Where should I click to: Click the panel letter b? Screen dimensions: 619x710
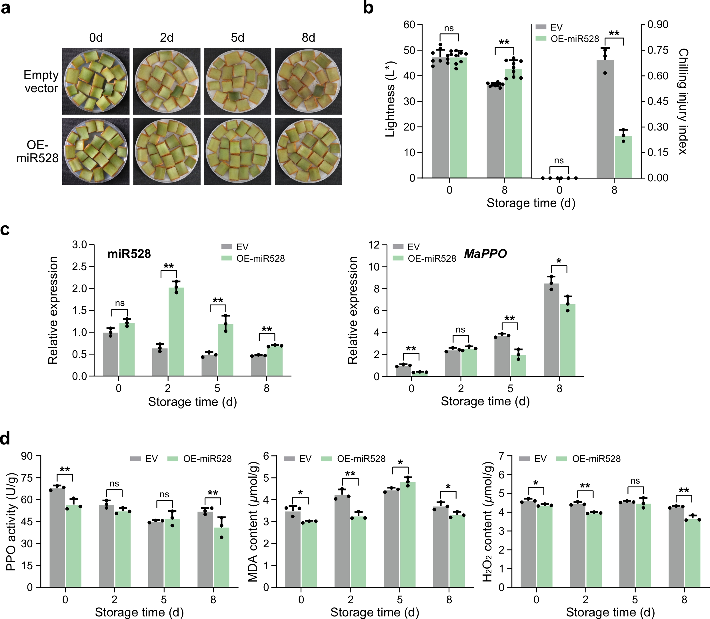click(368, 8)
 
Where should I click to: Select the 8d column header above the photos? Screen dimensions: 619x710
click(308, 38)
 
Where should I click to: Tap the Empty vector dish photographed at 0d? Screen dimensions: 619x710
click(96, 81)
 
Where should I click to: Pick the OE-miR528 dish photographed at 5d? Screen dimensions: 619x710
click(237, 151)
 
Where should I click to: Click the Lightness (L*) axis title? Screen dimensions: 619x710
click(390, 99)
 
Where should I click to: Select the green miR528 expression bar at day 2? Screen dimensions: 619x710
click(176, 332)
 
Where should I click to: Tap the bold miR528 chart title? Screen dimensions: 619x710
click(129, 254)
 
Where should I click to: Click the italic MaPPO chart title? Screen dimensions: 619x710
click(485, 254)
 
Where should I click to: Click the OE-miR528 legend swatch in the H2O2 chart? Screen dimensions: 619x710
click(562, 459)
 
